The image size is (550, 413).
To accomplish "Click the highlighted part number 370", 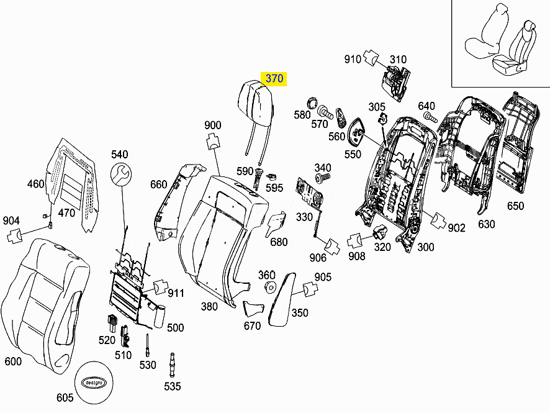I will click(x=274, y=78).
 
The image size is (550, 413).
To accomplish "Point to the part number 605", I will click(x=65, y=397).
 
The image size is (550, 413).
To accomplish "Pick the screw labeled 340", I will click(x=322, y=178).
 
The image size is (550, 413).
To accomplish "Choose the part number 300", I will click(x=426, y=247).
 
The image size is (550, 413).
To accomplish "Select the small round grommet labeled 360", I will click(x=270, y=287).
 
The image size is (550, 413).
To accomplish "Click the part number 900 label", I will click(x=212, y=125).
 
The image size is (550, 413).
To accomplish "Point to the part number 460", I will click(x=36, y=184).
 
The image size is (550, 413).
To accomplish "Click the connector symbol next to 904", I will click(x=15, y=236).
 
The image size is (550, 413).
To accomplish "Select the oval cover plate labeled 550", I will click(x=357, y=130).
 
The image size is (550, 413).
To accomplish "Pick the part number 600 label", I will click(x=13, y=361).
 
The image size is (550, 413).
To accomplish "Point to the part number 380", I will click(x=209, y=306).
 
